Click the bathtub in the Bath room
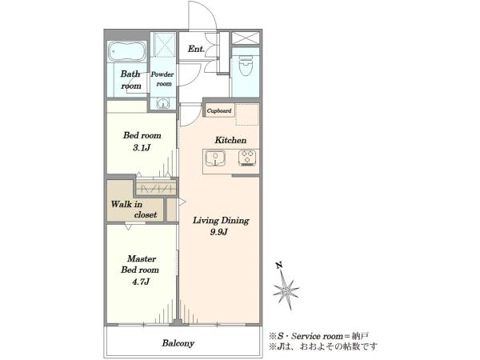tap(127, 51)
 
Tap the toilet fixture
tap(246, 66)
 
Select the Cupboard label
tap(219, 111)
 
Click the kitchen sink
tap(215, 158)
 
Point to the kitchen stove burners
tap(247, 158)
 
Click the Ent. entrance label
tap(196, 49)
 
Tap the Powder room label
tap(162, 78)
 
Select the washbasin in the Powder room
tap(162, 103)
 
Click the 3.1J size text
tap(142, 148)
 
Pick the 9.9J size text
tap(219, 232)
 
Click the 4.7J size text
tap(141, 282)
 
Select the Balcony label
tap(178, 343)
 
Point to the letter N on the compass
tap(278, 266)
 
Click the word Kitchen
tap(230, 140)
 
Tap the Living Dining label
tap(221, 221)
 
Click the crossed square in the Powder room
tap(164, 45)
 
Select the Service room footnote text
tap(318, 336)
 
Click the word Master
tap(142, 258)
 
